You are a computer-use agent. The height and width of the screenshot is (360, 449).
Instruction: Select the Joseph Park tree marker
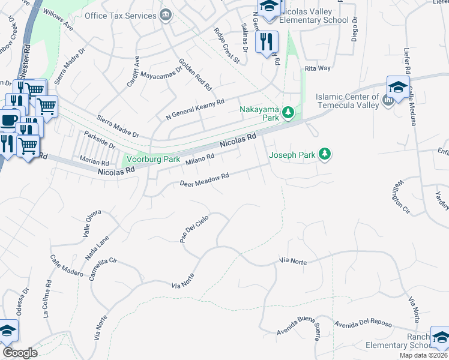(x=325, y=154)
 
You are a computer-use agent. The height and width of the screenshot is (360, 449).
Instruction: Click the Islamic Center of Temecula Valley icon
(x=387, y=101)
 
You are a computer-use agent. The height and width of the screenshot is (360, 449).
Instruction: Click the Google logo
(x=20, y=353)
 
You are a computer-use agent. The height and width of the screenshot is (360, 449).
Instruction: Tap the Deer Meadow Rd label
(x=205, y=179)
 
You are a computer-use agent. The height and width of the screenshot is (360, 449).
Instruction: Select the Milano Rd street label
(x=200, y=160)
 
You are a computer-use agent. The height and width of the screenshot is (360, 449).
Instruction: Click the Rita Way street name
(x=318, y=68)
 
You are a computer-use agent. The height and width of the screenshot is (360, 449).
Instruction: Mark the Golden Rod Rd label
(x=196, y=74)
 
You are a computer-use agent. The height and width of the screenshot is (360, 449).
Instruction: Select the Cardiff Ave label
(x=133, y=72)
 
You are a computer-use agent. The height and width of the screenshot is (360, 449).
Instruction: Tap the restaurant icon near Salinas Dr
(x=266, y=42)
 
